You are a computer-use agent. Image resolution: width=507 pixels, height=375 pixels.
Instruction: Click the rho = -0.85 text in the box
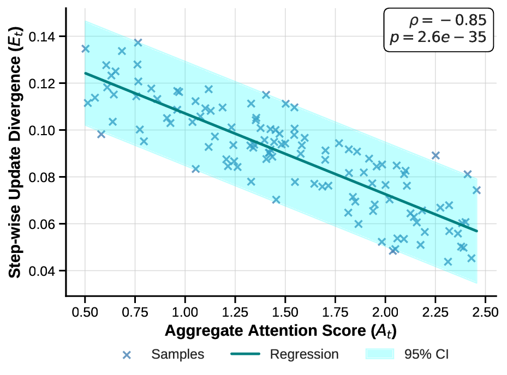click(x=447, y=22)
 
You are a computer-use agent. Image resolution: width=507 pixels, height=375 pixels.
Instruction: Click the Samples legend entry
click(x=177, y=354)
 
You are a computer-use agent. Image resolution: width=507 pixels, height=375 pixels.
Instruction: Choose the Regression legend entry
click(x=305, y=354)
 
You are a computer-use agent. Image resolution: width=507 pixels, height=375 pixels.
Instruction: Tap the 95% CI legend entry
click(x=427, y=354)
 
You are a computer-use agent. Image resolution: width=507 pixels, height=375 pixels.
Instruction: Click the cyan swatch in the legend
click(x=379, y=354)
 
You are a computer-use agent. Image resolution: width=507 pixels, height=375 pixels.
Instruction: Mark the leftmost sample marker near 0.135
click(x=85, y=49)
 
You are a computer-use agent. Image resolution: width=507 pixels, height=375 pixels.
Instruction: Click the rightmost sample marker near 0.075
click(x=476, y=190)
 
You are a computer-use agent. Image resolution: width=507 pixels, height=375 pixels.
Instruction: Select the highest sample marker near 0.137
click(x=138, y=43)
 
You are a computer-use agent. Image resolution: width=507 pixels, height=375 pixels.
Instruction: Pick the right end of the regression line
click(x=477, y=231)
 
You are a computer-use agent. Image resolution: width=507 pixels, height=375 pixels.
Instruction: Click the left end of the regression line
click(x=85, y=73)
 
